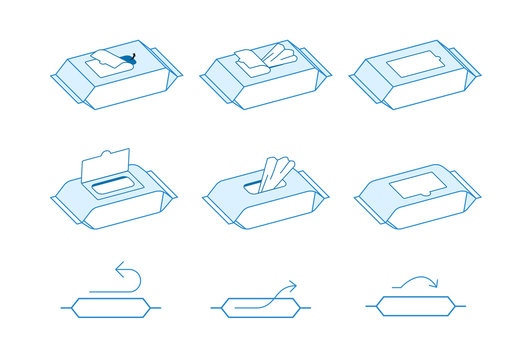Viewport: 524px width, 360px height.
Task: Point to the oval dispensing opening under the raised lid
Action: (111, 186)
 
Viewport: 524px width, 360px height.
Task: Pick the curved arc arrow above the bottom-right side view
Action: (411, 284)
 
